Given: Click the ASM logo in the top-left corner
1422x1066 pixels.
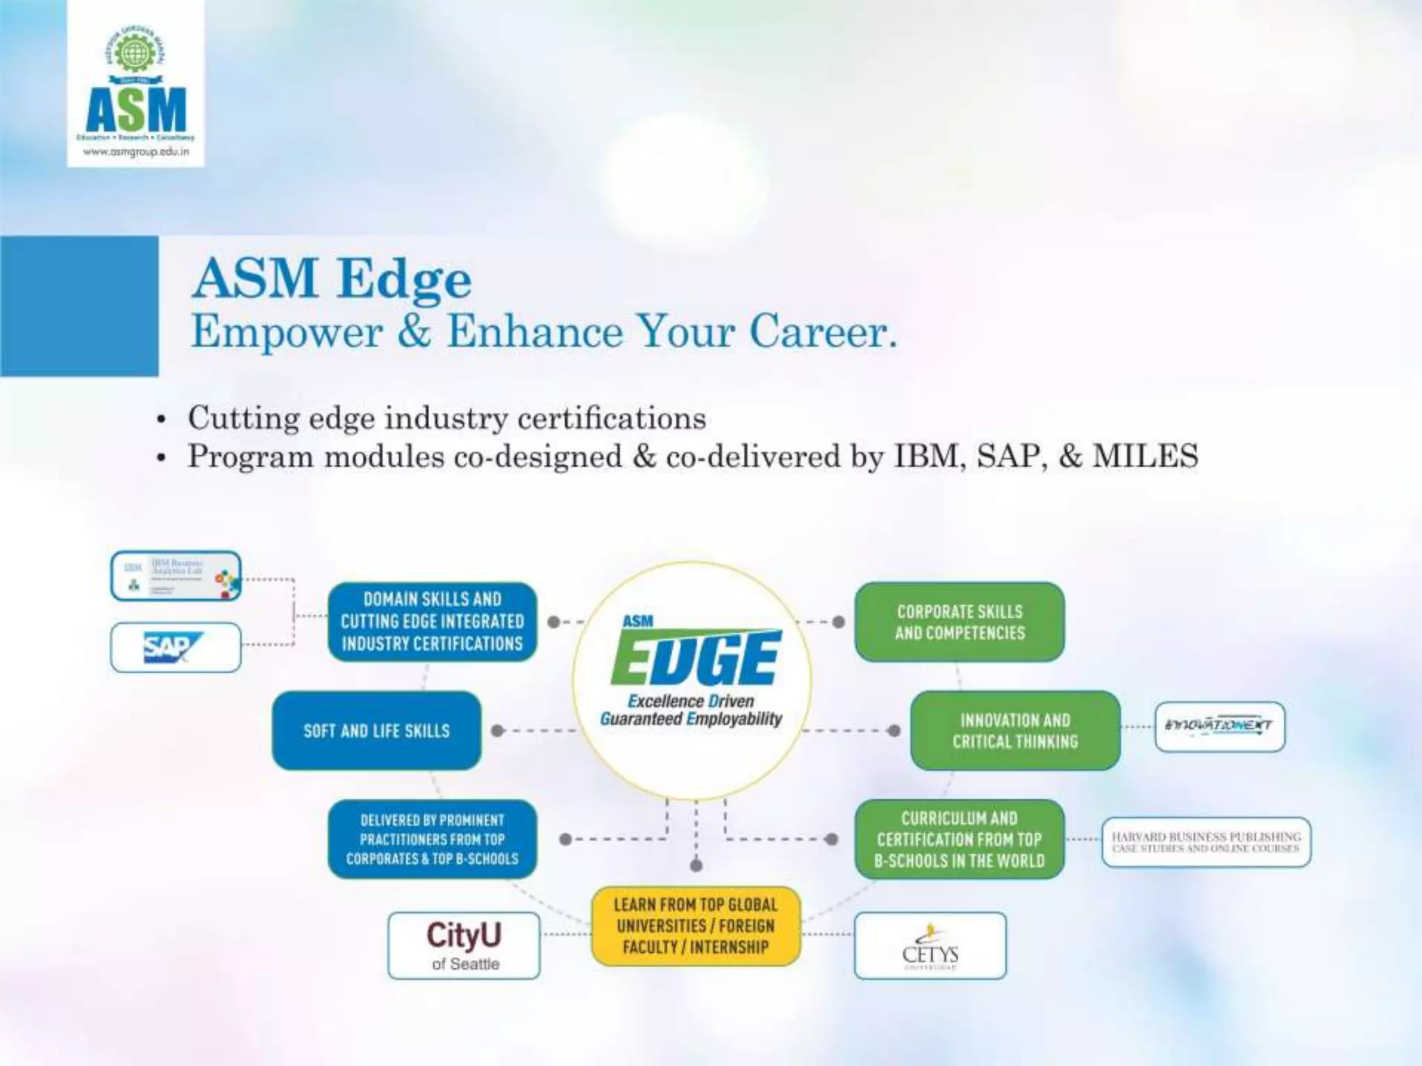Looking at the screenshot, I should point(135,83).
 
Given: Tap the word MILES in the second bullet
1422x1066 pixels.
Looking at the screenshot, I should point(1145,456).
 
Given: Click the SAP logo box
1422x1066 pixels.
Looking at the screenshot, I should point(176,648).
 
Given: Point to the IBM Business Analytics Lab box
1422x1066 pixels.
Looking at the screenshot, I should point(176,576).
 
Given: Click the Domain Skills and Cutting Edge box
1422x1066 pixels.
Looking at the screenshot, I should point(432,621).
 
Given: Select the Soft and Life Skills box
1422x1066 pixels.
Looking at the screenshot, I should point(376,730).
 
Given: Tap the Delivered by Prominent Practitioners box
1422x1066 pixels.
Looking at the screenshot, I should point(432,839).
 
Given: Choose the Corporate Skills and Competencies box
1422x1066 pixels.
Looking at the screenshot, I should point(959,622).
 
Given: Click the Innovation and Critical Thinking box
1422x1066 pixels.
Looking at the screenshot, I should point(1015,730).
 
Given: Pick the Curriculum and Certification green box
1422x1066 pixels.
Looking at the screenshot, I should point(959,839).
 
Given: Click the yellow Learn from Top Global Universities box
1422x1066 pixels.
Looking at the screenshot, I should point(696,926).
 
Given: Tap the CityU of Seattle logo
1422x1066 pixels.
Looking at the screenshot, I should point(464,945).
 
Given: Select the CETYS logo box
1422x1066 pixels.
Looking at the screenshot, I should point(930,945).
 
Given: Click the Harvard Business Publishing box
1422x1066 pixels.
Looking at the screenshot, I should point(1206,842).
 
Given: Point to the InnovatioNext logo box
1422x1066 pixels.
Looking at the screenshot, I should point(1219,726).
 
